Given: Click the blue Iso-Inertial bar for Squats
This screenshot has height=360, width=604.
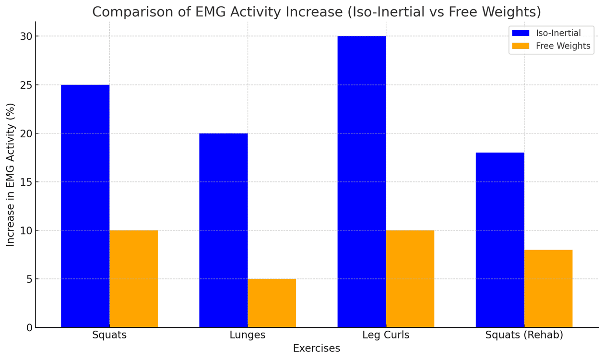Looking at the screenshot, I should point(85,206).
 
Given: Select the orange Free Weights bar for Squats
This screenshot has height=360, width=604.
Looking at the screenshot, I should point(133,278).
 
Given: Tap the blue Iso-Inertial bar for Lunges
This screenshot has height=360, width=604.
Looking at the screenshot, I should point(223,230).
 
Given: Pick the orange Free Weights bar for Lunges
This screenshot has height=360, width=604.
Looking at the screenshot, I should point(272,303).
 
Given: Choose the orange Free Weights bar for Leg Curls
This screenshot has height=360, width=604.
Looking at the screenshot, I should point(410,278).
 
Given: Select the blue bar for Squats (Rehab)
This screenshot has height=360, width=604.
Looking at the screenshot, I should point(499,240).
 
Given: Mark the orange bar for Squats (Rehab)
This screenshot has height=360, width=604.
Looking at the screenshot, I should point(548,288).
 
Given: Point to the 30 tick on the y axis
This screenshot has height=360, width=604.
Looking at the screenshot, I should point(26,36).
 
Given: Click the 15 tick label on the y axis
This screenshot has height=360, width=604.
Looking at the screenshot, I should point(26,182).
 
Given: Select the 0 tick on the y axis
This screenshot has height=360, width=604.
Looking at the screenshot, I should point(29,327).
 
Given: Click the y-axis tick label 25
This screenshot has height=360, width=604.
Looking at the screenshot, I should point(26,85).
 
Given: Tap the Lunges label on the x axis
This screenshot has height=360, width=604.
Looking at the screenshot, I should point(248,335).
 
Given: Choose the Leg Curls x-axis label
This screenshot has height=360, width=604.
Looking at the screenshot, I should point(386,335).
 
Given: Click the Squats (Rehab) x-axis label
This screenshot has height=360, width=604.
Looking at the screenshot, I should point(524,335).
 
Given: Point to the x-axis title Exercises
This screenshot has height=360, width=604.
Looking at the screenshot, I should point(317,348).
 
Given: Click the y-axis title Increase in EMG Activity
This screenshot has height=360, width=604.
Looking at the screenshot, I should point(11,175).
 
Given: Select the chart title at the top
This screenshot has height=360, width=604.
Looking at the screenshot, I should point(317,12).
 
